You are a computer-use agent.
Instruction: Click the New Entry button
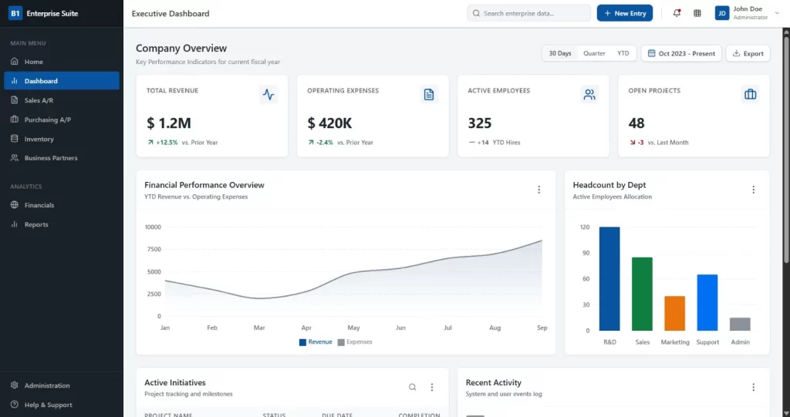(624, 13)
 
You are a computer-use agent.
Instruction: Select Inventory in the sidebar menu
(39, 139)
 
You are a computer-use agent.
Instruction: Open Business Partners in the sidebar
(51, 158)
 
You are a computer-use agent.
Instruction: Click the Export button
(748, 53)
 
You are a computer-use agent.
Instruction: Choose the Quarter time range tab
(594, 53)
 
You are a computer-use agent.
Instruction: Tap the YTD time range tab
(623, 53)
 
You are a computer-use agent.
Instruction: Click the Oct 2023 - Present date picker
(681, 53)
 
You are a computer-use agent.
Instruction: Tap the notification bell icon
(677, 13)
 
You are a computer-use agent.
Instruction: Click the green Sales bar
(642, 294)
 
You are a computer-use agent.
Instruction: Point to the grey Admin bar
(740, 324)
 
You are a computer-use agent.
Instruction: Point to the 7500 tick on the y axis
(153, 249)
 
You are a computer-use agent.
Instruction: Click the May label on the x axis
(353, 328)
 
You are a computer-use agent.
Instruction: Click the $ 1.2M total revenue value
(168, 123)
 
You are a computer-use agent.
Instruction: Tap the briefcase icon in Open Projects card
(749, 94)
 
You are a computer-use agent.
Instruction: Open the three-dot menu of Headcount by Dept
(753, 190)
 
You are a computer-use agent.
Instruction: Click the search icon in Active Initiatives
(412, 387)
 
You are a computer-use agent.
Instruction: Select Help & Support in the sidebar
(48, 405)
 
